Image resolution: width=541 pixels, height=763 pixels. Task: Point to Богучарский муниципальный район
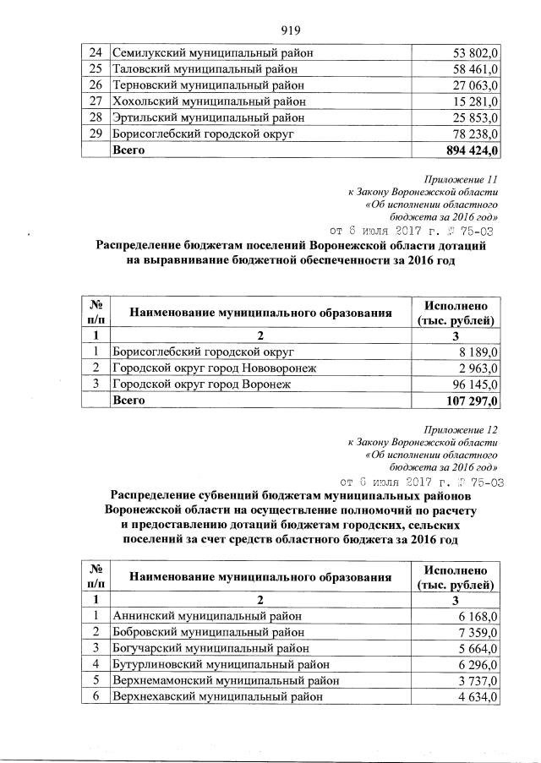click(208, 648)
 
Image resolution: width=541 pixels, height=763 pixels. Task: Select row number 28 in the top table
click(96, 117)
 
